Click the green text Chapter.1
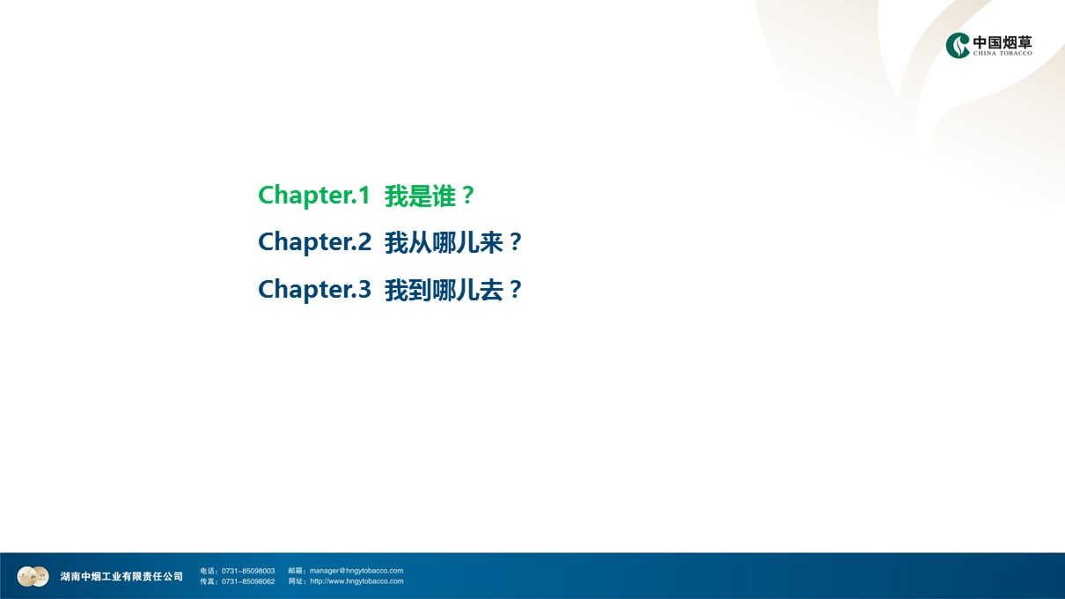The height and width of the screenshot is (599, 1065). (x=314, y=196)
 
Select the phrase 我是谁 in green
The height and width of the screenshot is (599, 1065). (x=420, y=196)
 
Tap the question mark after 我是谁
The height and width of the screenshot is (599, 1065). (x=468, y=196)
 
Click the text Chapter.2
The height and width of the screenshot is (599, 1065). (x=314, y=242)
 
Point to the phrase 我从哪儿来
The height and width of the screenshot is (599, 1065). (x=444, y=242)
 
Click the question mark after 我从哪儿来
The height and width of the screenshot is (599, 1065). (x=516, y=242)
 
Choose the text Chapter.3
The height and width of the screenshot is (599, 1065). (x=314, y=289)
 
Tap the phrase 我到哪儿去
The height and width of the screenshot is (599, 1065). (x=444, y=290)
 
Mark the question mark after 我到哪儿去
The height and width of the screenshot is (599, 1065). (x=516, y=289)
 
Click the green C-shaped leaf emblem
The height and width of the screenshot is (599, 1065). (x=957, y=46)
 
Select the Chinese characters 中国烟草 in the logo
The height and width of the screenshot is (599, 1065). (x=1003, y=42)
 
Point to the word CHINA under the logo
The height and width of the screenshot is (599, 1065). (x=984, y=53)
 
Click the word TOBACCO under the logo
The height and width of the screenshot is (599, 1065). (x=1016, y=53)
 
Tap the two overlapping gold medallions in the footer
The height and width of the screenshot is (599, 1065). (x=33, y=577)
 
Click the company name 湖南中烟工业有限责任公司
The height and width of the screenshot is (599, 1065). (x=121, y=577)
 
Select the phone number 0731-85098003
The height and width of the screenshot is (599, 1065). (x=248, y=571)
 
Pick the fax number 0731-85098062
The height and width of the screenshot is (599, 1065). (x=248, y=581)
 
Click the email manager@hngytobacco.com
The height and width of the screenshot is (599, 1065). (x=356, y=571)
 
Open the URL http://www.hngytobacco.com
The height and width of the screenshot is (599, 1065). (x=356, y=581)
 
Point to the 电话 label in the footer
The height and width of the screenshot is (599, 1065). (x=208, y=571)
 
